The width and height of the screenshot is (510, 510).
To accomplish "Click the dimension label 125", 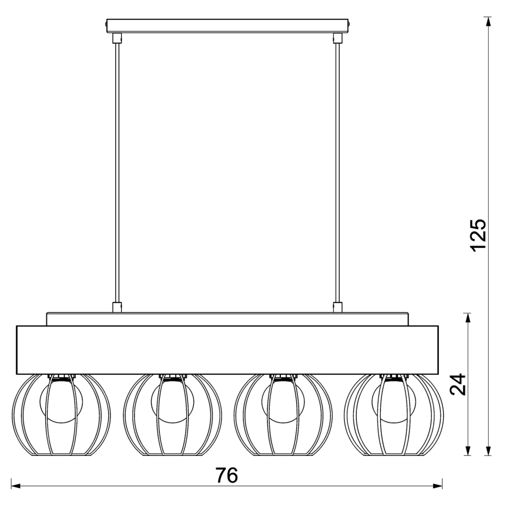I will pyautogui.click(x=479, y=234).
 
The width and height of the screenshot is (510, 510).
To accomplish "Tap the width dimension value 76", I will pyautogui.click(x=226, y=475).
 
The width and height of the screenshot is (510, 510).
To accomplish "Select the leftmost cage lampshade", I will pyautogui.click(x=61, y=414).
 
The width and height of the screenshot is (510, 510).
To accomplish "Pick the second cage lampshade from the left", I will pyautogui.click(x=172, y=414).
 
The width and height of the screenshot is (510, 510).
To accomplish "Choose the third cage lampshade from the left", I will pyautogui.click(x=283, y=414).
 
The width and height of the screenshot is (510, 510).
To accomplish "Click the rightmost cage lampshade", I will pyautogui.click(x=393, y=414).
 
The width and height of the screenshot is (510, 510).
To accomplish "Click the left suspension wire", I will pyautogui.click(x=116, y=170).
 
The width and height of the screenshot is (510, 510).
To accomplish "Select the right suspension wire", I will pyautogui.click(x=337, y=170).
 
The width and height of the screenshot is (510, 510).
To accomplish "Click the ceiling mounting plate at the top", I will pyautogui.click(x=227, y=26).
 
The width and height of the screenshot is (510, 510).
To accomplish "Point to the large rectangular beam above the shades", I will pyautogui.click(x=227, y=349).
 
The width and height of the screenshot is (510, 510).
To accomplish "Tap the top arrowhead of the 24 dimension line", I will pyautogui.click(x=468, y=317).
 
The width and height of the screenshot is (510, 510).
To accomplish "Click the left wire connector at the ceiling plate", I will pyautogui.click(x=116, y=38).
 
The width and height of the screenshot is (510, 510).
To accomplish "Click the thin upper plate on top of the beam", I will pyautogui.click(x=227, y=318).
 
